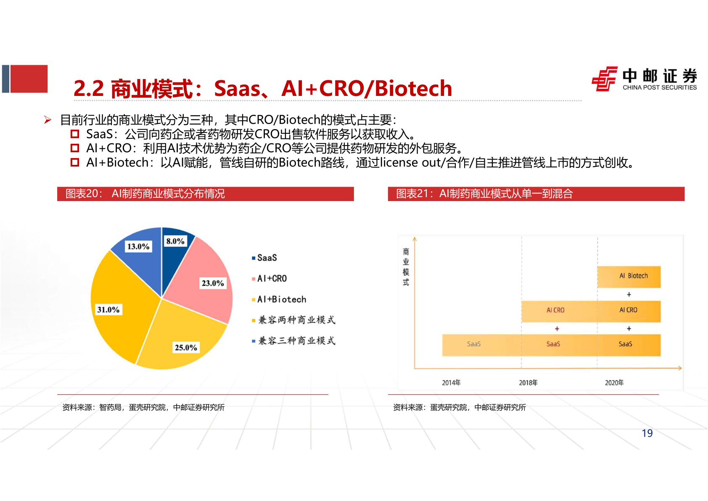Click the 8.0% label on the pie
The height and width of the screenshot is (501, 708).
point(175,241)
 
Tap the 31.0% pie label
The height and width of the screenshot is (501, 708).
point(108,310)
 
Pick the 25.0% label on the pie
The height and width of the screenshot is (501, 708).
point(186,347)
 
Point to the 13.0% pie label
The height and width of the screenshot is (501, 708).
point(138,247)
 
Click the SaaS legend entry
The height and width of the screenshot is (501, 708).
point(267,258)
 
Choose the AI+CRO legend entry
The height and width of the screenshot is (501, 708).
point(272,278)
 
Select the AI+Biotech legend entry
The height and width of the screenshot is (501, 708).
point(281,300)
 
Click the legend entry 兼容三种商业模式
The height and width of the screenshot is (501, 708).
point(296,341)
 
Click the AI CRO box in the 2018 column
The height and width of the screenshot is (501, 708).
point(555,310)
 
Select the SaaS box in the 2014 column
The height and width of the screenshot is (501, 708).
point(473,344)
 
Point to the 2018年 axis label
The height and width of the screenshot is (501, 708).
point(528,383)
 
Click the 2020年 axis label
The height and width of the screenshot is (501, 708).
point(614,383)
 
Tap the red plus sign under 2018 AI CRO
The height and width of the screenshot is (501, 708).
point(557,329)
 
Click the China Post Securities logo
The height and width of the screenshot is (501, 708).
point(644,79)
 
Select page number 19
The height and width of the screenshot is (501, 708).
point(647,433)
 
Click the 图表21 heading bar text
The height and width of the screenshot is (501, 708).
point(484,194)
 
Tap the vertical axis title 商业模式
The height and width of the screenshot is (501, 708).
point(406,267)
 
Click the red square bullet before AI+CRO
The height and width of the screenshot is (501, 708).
point(75,148)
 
